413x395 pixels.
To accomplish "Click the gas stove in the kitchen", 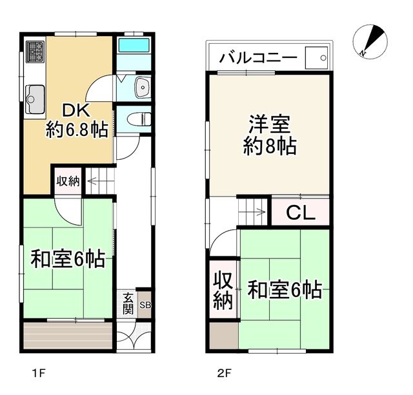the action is (x=35, y=52).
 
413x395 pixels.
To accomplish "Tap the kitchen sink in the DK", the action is (x=35, y=99).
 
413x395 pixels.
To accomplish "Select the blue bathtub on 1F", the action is (x=134, y=46).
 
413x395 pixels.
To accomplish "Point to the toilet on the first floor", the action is (x=139, y=119).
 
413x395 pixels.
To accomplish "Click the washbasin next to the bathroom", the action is (x=143, y=87).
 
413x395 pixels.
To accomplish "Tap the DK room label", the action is (x=76, y=111).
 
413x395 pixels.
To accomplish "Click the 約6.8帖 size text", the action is (x=77, y=130).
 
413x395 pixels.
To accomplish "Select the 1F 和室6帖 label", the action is (x=68, y=259).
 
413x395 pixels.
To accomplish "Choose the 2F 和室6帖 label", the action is (x=285, y=290).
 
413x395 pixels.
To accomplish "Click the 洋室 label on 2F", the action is (x=270, y=124).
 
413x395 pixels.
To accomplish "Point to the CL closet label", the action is (x=301, y=213).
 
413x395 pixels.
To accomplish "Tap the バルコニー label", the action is (x=259, y=58).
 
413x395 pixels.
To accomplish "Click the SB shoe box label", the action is (x=145, y=305).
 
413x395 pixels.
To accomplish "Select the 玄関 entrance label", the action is (x=128, y=303).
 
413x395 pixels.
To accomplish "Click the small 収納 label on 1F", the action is (x=68, y=181).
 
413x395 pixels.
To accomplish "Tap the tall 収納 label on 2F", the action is (x=223, y=291).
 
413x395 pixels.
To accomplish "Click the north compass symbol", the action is (x=370, y=41).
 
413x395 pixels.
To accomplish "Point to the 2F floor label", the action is (x=225, y=374).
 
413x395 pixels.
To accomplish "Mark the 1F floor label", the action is (x=39, y=374).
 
